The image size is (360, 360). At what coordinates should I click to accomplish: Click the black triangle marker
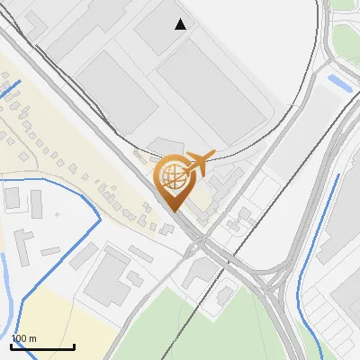pos(181,24)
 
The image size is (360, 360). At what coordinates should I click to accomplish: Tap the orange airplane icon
pos(199,163)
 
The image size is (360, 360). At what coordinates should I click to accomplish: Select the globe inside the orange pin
pos(171,176)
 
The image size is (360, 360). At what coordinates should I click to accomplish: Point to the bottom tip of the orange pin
pos(172,211)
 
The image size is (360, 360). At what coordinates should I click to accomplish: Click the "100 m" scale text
pos(23,338)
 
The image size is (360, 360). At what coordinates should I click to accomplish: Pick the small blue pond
pos(340,83)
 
